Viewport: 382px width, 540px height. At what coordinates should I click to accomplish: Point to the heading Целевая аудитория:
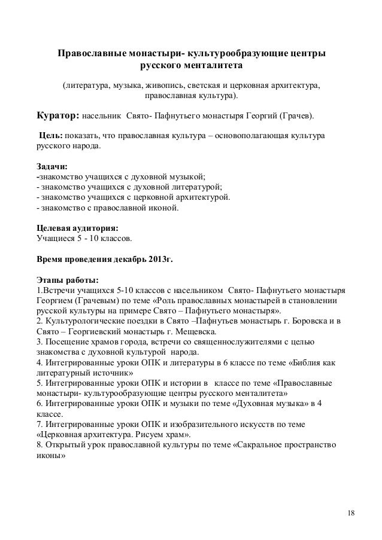coord(77,228)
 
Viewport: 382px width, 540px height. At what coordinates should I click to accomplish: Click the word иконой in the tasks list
coord(162,208)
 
